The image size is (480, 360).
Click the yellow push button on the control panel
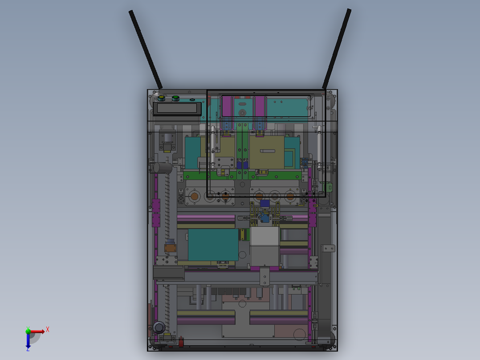coord(161,98)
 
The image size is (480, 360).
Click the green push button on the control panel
coord(175,98)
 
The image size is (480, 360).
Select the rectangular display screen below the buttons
coord(177,108)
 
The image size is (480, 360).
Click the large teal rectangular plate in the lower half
coord(213,245)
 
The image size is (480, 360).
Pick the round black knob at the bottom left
coord(159,327)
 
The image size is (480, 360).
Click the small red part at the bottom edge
coord(181,343)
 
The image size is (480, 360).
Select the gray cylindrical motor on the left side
coord(163,168)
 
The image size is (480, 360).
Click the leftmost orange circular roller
coord(194,196)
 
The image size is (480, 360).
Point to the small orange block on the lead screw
coord(170,247)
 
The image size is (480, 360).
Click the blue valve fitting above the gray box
coord(265,218)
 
